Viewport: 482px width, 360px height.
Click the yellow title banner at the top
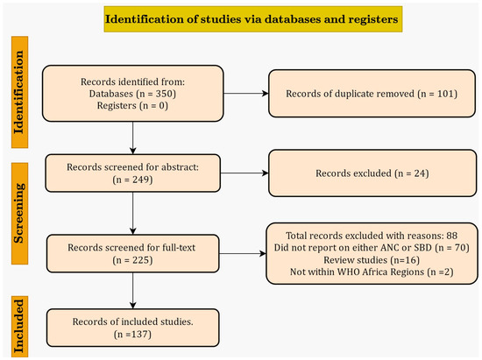253,19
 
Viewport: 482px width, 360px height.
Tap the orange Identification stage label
19,92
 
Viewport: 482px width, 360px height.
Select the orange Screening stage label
19,214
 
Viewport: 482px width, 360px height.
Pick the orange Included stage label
19,327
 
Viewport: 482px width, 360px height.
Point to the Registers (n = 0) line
132,106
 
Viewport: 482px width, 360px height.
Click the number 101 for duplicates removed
445,94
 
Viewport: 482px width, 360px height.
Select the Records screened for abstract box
133,173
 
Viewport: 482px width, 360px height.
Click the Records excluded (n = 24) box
372,173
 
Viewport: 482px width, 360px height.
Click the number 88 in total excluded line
452,236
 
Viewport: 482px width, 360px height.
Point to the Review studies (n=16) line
372,260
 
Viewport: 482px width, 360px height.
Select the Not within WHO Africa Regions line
372,272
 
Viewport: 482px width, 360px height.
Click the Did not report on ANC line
372,248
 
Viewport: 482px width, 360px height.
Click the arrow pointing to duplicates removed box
246,94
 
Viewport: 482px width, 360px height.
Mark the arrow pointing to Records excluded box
245,173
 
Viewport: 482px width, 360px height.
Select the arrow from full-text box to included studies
133,291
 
